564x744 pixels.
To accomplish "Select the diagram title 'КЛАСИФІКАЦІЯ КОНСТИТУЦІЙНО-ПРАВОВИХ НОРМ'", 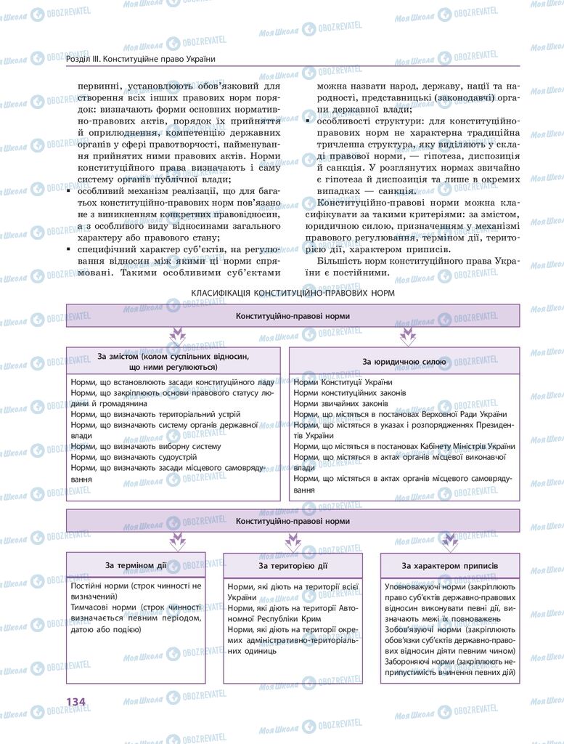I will (x=293, y=294).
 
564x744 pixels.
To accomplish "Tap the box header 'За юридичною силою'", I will (x=404, y=361).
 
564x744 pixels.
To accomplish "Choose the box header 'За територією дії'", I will (x=293, y=565).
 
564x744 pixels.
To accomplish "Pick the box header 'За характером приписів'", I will (x=449, y=565).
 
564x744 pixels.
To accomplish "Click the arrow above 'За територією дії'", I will (x=293, y=541).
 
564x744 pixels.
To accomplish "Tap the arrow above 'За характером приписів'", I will (x=450, y=541).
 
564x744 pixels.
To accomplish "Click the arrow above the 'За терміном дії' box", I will (x=177, y=541).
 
